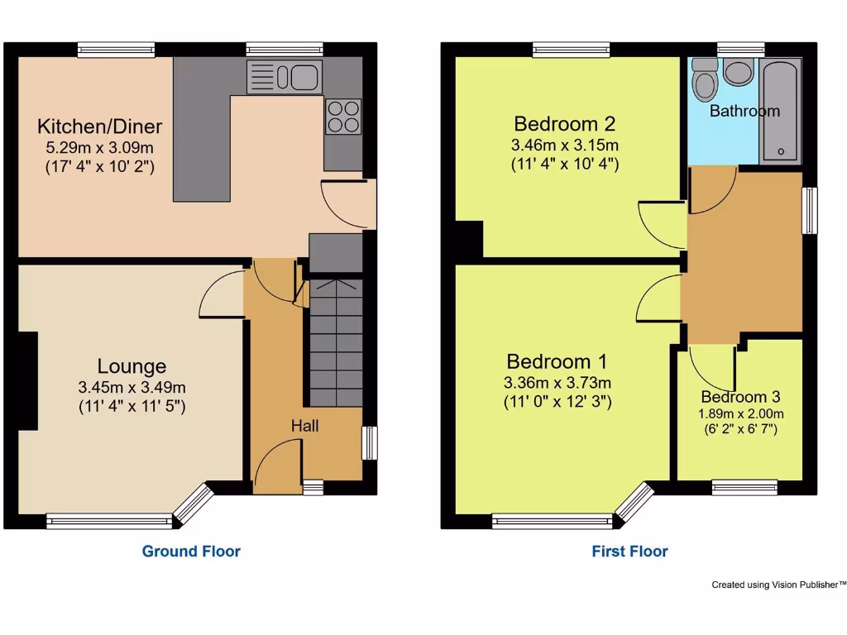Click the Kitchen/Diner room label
pyautogui.click(x=99, y=127)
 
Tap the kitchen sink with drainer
pyautogui.click(x=285, y=78)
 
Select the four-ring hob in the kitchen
pyautogui.click(x=343, y=116)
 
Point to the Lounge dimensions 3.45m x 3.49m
pyautogui.click(x=132, y=387)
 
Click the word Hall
pyautogui.click(x=304, y=426)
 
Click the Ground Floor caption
pyautogui.click(x=191, y=551)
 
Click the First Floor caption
pyautogui.click(x=629, y=551)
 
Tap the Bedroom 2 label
pyautogui.click(x=565, y=124)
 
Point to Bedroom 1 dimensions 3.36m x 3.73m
pyautogui.click(x=557, y=383)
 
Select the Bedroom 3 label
pyautogui.click(x=740, y=397)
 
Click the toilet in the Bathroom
pyautogui.click(x=706, y=79)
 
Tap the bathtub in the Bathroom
pyautogui.click(x=780, y=112)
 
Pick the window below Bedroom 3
pyautogui.click(x=744, y=488)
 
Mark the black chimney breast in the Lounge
pyautogui.click(x=28, y=381)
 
